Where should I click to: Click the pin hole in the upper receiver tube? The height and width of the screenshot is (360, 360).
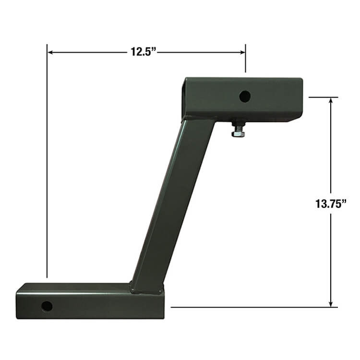point(245,96)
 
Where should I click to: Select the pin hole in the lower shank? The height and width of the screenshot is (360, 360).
point(47,306)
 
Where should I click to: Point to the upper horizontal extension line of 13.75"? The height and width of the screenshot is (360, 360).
point(323,97)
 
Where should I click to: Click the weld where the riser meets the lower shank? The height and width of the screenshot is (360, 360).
point(146,290)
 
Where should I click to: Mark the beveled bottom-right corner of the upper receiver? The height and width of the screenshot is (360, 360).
point(295,118)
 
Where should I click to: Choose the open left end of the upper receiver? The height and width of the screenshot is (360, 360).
point(185,98)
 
